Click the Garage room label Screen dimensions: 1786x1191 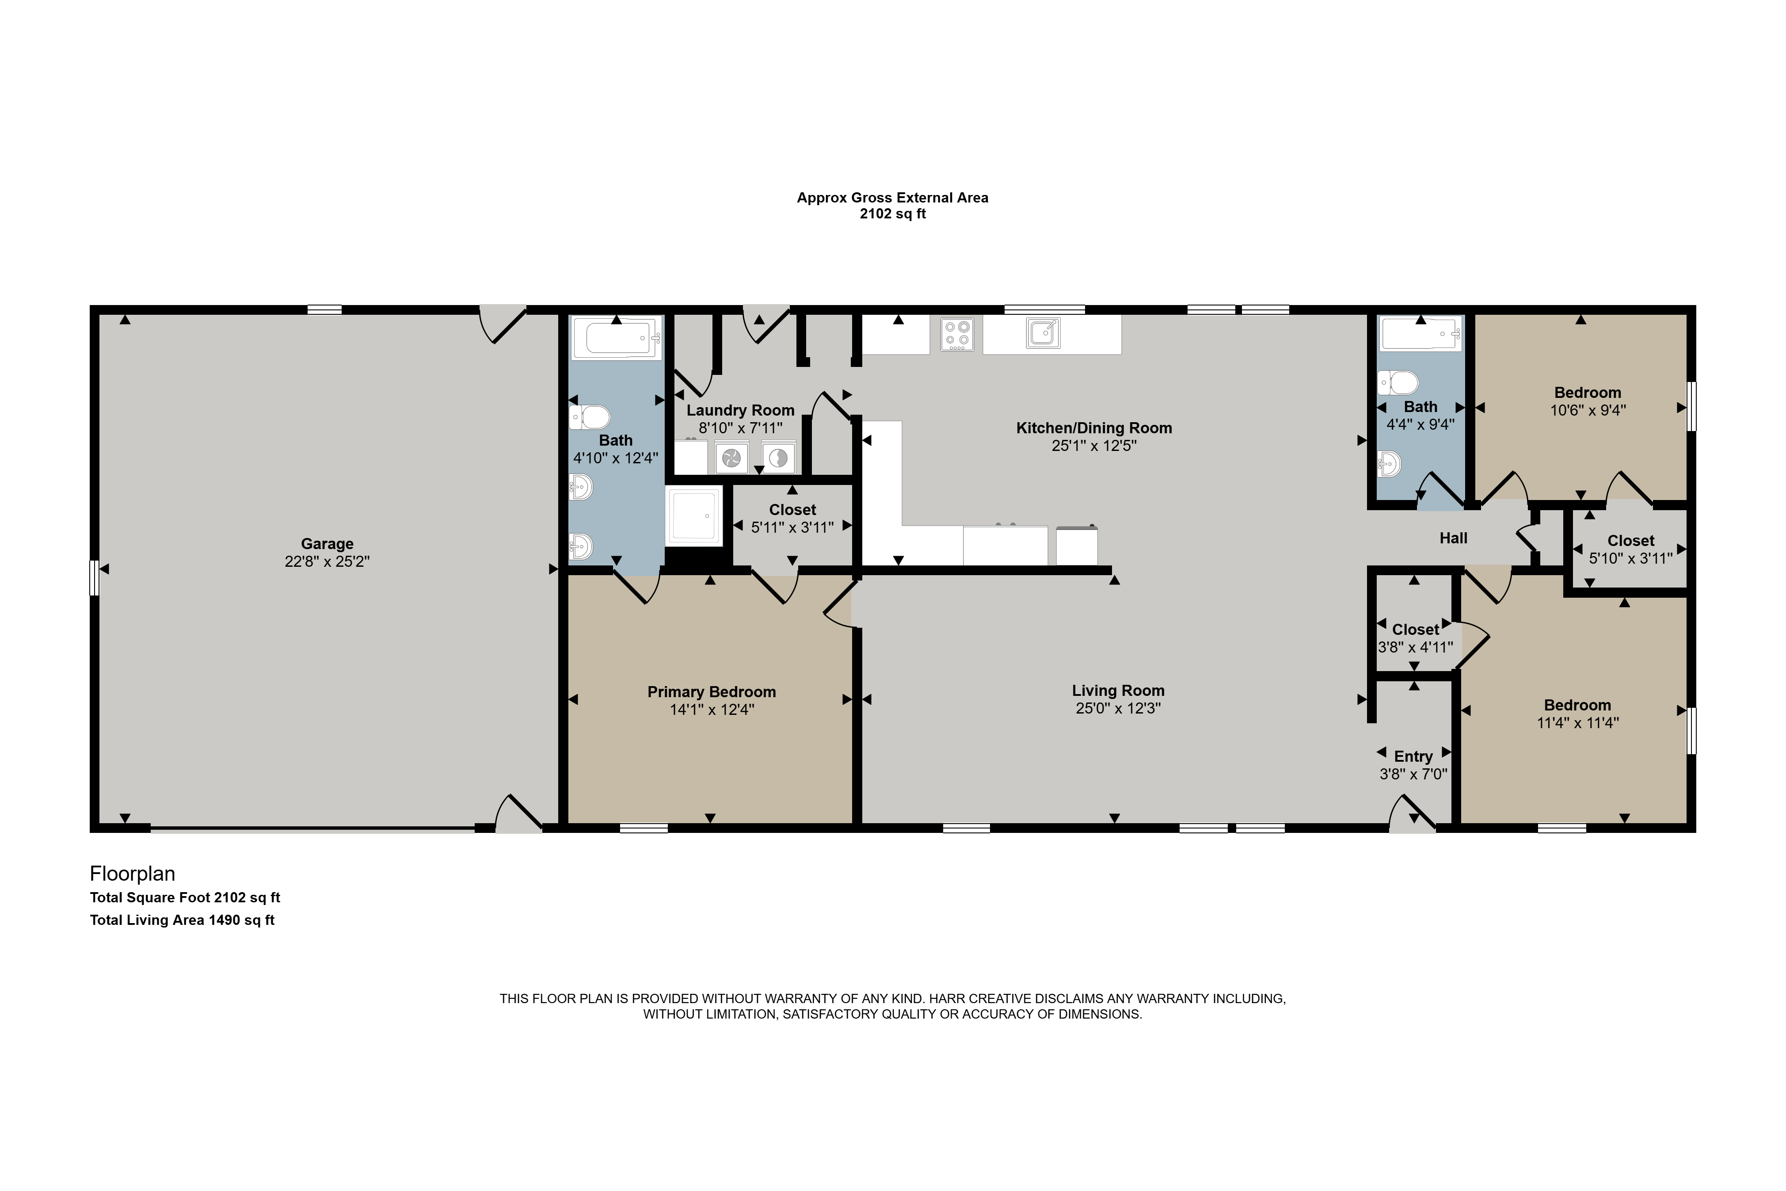(x=327, y=544)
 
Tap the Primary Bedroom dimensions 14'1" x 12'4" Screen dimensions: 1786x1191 (x=712, y=710)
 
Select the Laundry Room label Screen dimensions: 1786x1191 (x=740, y=410)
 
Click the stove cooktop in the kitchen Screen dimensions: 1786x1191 (x=957, y=334)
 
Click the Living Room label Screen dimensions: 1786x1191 (x=1118, y=691)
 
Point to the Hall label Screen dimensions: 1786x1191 (x=1453, y=538)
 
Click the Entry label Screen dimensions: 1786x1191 (x=1413, y=756)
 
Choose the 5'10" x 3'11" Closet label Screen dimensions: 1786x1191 (x=1630, y=541)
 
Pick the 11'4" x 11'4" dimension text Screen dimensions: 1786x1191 (x=1577, y=723)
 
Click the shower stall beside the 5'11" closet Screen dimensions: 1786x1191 (x=693, y=516)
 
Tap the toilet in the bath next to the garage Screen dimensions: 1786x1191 (x=590, y=417)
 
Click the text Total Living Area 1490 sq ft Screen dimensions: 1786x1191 (x=182, y=920)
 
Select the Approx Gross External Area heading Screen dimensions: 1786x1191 (x=892, y=198)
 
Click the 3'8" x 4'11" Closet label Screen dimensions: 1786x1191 (x=1416, y=630)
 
